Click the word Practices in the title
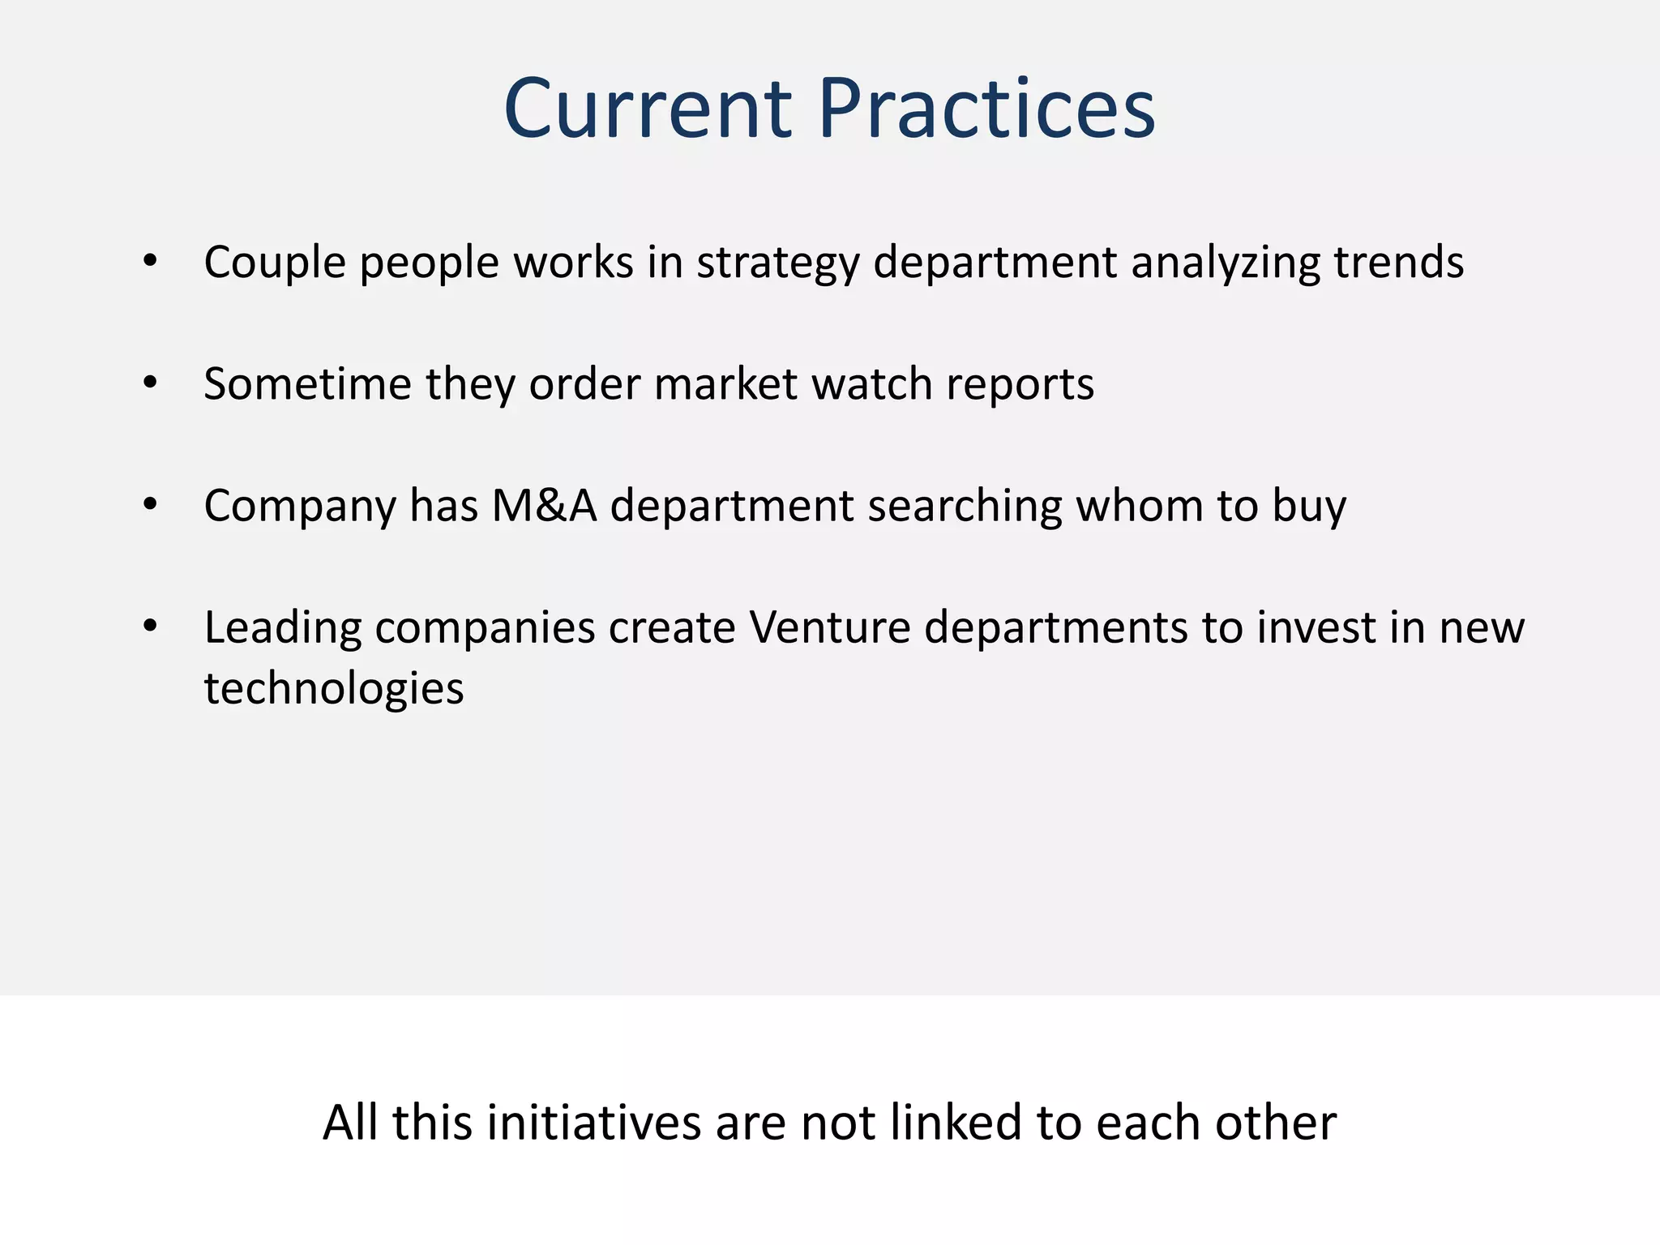tap(986, 109)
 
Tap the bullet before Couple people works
tap(150, 261)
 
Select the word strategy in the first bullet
tap(777, 263)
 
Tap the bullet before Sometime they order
tap(150, 383)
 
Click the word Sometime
tap(307, 383)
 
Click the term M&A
tap(544, 505)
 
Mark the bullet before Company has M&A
tap(150, 504)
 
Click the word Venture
tap(829, 627)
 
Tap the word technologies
tap(333, 689)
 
